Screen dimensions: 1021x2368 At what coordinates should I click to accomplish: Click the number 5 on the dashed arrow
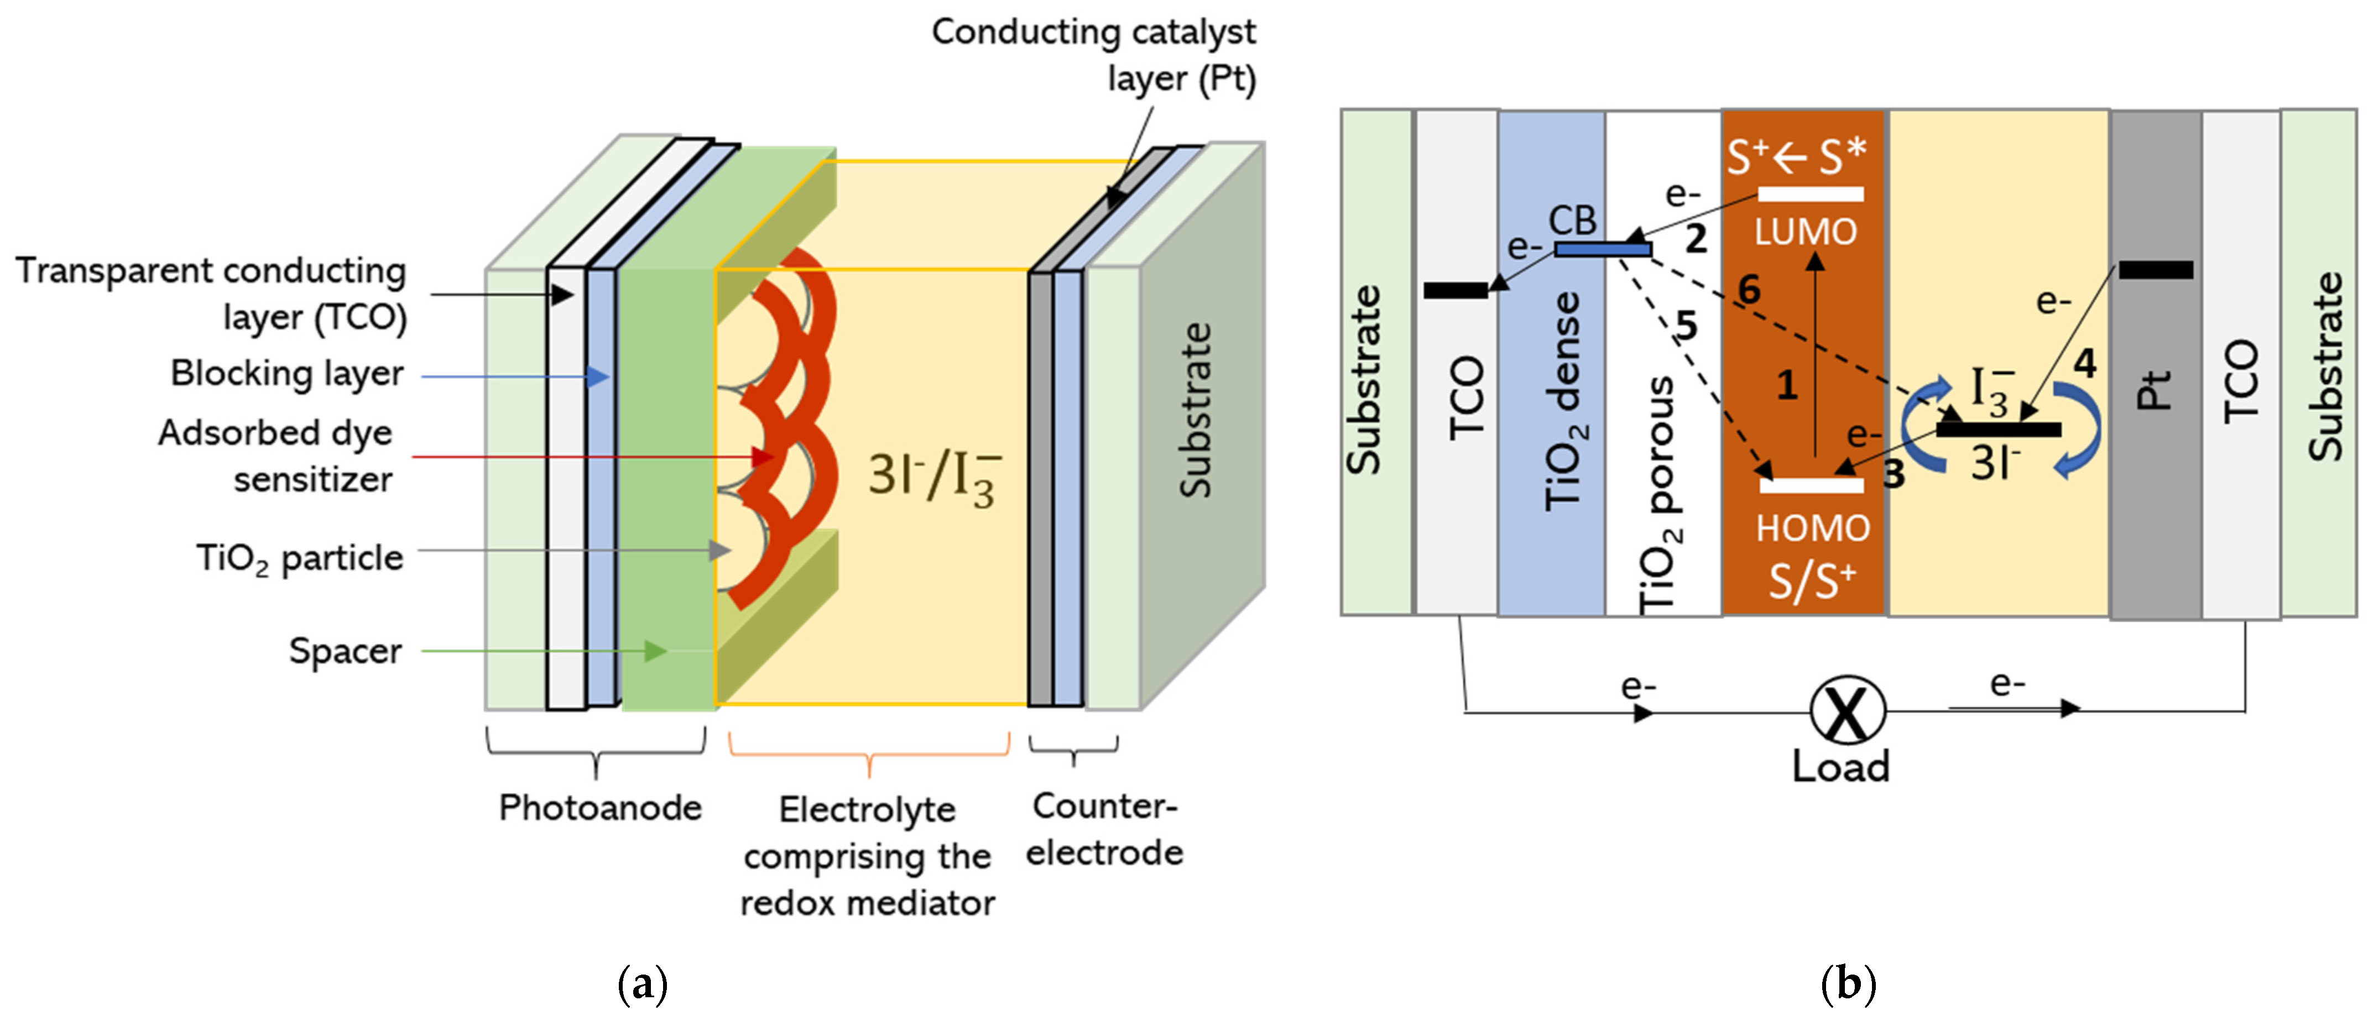point(1686,326)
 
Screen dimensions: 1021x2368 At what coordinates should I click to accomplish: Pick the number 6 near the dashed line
point(1749,290)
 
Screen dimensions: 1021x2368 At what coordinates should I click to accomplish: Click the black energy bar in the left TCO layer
point(1455,290)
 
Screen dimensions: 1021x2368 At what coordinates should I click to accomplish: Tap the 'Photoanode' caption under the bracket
point(599,808)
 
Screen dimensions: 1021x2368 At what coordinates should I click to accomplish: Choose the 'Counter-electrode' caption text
point(1104,829)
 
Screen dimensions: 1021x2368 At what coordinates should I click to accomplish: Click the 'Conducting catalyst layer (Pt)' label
point(1094,55)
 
